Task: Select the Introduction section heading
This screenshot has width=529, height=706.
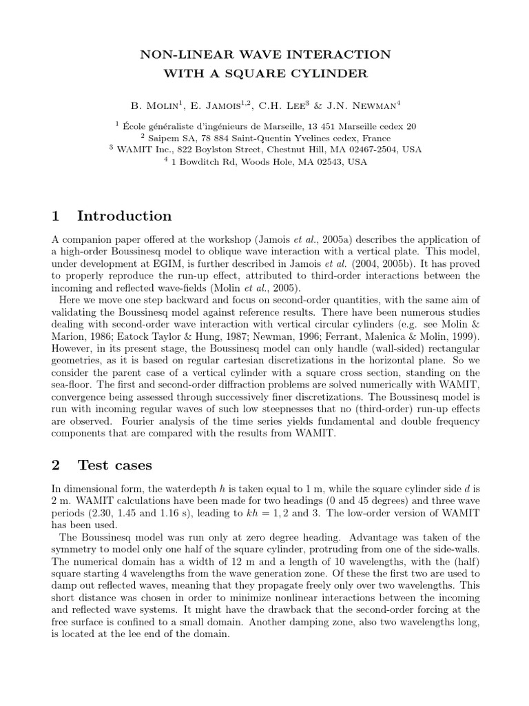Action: coord(124,216)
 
